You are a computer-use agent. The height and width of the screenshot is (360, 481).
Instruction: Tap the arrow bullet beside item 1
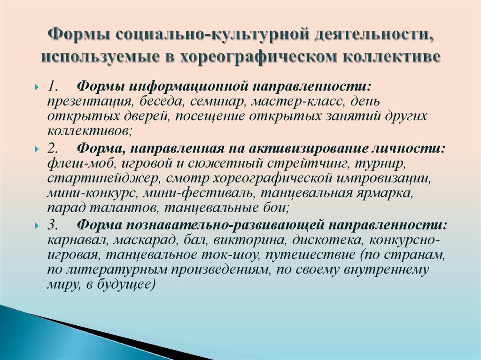(37, 88)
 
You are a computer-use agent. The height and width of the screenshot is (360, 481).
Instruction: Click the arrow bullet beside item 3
(37, 226)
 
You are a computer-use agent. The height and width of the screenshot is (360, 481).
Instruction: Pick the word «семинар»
(217, 102)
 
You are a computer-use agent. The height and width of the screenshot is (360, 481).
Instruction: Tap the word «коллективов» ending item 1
(88, 131)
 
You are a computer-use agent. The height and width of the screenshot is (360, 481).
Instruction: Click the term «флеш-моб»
(81, 164)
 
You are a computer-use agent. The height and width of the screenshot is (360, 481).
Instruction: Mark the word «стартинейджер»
(103, 179)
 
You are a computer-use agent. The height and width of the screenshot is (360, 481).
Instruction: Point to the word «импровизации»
(382, 179)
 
